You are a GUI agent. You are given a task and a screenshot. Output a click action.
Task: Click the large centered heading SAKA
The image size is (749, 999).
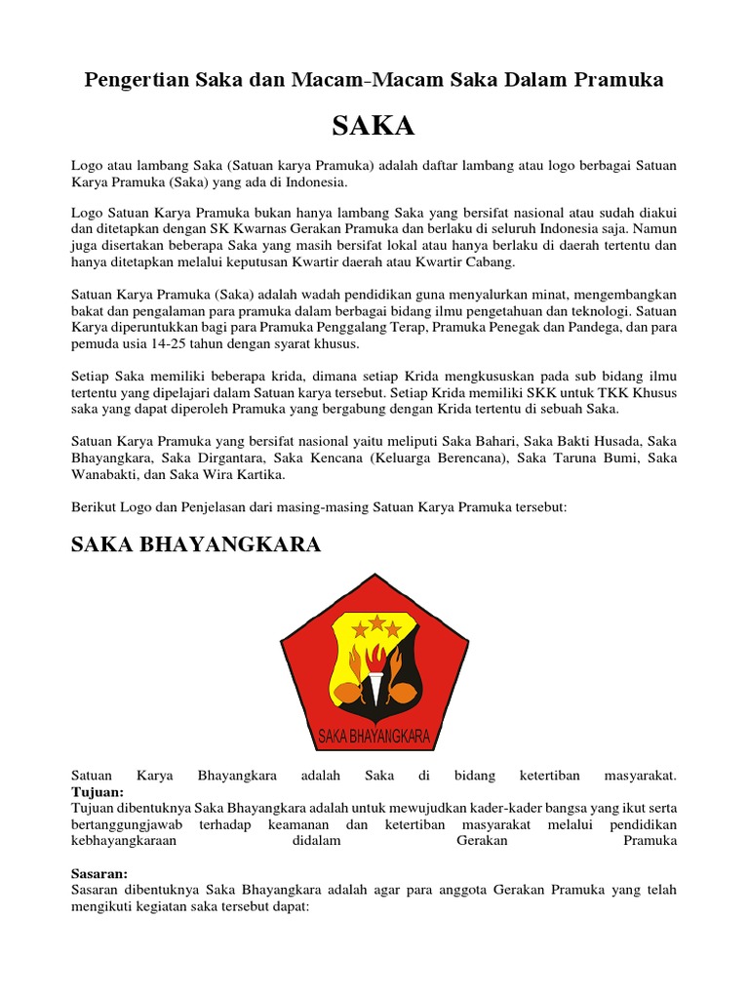(374, 126)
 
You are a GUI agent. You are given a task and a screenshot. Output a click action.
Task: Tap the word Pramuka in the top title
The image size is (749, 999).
(615, 80)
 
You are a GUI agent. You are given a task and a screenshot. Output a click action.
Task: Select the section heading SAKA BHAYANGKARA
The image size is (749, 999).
(196, 544)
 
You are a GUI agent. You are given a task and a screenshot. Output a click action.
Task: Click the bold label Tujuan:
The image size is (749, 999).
(98, 792)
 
